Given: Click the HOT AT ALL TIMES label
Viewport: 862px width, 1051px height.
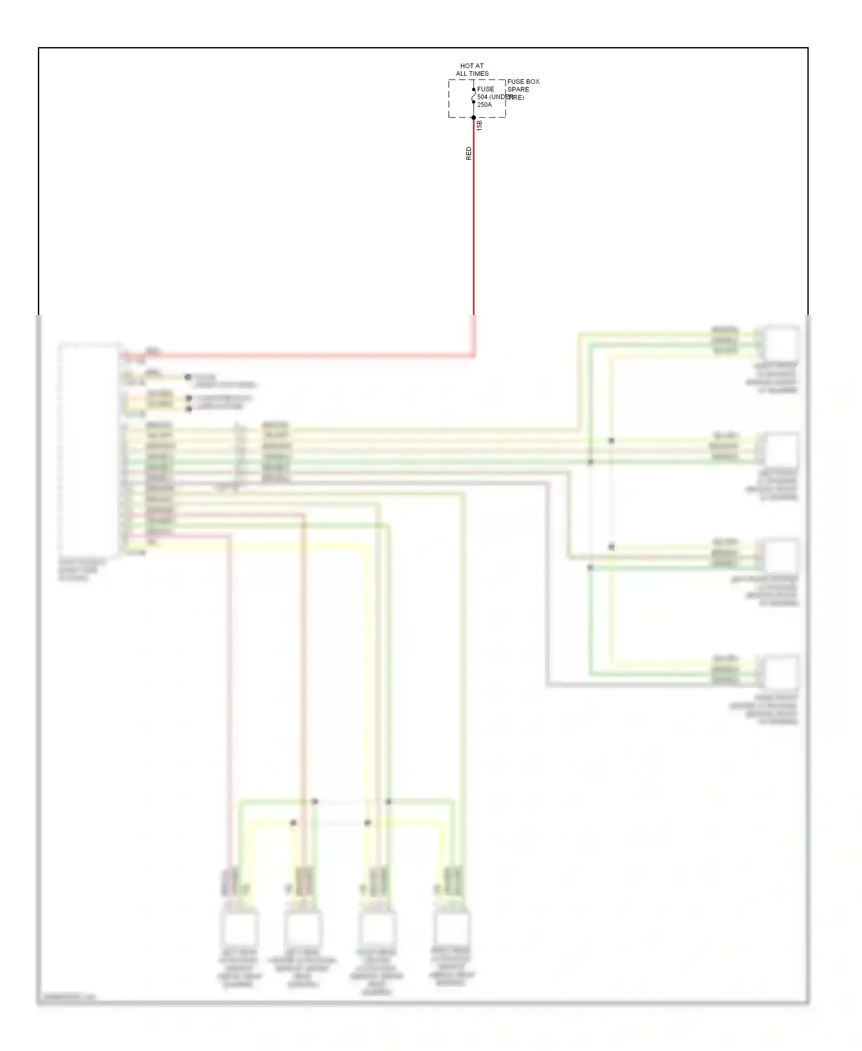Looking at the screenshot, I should [x=472, y=70].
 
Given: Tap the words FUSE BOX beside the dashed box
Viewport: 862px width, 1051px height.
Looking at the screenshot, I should [x=523, y=82].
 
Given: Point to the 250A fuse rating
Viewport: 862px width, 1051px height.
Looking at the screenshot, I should [x=484, y=105].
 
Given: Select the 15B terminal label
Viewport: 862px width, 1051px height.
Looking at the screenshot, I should [x=480, y=125].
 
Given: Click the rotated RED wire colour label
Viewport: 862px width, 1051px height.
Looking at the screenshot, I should [x=469, y=153].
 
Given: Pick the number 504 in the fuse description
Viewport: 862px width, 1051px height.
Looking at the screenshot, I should [x=482, y=97].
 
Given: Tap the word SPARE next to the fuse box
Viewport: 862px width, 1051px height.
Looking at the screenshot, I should [x=518, y=89].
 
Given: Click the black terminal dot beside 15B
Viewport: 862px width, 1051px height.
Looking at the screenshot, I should [x=474, y=118].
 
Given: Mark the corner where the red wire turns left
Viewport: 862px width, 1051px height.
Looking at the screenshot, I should [x=474, y=355].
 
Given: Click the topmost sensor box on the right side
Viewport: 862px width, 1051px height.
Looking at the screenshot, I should [x=780, y=343].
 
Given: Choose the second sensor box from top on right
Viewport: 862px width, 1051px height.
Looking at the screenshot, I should [x=780, y=450].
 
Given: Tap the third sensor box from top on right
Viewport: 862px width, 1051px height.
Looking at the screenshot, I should [x=780, y=557].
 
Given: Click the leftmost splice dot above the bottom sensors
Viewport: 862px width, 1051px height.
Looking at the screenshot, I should [x=293, y=823].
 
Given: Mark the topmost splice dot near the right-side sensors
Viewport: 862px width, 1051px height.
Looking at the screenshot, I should [x=611, y=440].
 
